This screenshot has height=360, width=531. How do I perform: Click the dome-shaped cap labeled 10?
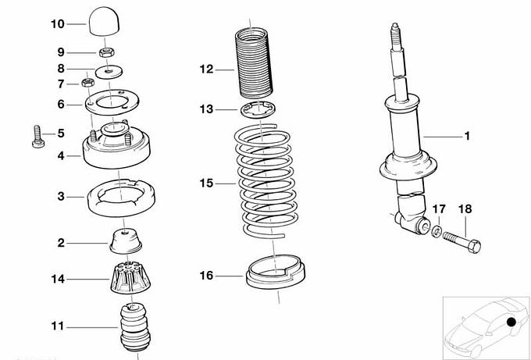[x=104, y=21]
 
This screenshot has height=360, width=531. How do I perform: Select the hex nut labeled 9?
[x=106, y=52]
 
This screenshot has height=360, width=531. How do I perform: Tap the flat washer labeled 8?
[x=109, y=72]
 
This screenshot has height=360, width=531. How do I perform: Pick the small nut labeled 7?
[x=87, y=82]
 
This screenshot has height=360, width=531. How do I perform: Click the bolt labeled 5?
[x=37, y=137]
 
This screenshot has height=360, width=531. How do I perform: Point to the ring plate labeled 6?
[x=112, y=102]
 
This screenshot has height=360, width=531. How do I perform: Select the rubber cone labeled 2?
[x=126, y=241]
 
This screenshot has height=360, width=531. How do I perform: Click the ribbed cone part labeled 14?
[x=130, y=277]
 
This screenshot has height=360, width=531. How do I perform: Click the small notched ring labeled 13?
[x=258, y=110]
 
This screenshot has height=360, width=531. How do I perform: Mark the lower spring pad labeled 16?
[x=276, y=273]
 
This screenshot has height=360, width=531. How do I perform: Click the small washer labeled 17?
[x=437, y=232]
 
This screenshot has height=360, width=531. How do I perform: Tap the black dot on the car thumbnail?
[x=511, y=322]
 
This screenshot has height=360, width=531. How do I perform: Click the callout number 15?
[x=206, y=184]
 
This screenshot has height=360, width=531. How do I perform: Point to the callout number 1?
[x=467, y=136]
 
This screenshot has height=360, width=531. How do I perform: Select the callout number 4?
[x=61, y=155]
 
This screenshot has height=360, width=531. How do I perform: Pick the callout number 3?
[x=61, y=196]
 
